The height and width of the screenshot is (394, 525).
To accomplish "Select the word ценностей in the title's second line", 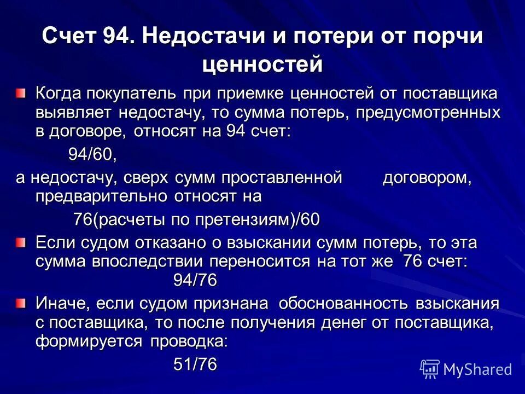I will tap(262, 64).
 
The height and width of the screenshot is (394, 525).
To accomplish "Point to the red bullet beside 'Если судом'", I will tap(20, 242).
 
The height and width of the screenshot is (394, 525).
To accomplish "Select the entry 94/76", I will tap(195, 280).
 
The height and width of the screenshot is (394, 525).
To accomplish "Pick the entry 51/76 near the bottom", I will tap(195, 365).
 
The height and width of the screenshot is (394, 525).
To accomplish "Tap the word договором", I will tap(425, 178).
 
